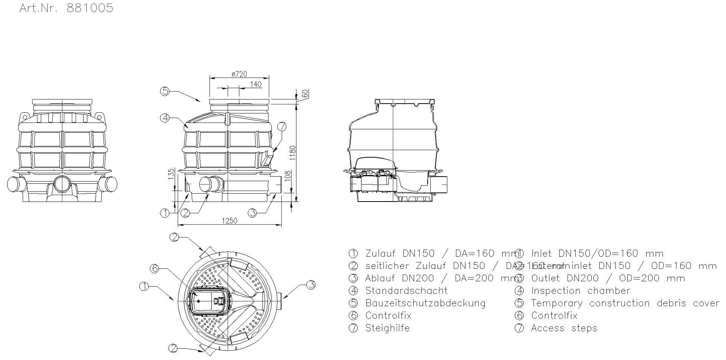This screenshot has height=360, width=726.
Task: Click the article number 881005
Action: tap(90, 8)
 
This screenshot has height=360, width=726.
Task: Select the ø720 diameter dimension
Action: tap(239, 74)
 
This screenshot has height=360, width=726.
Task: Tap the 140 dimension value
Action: tap(256, 84)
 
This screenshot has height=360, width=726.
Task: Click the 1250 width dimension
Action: tap(229, 221)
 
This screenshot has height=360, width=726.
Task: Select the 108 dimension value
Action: tap(287, 176)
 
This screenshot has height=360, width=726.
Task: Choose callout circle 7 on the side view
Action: tap(282, 126)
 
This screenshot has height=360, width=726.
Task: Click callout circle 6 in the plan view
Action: tap(154, 268)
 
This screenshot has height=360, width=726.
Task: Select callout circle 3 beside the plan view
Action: tap(310, 284)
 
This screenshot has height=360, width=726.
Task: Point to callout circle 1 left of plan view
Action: tap(144, 287)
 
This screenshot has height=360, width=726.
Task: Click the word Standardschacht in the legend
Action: tap(406, 291)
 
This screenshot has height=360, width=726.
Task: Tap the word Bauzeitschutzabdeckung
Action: tap(425, 303)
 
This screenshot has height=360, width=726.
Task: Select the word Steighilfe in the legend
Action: tap(387, 328)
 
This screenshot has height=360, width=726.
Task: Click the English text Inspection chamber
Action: tap(580, 291)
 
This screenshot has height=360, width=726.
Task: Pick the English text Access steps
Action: tap(564, 328)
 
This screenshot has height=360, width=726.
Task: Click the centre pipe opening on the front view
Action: tap(62, 184)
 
